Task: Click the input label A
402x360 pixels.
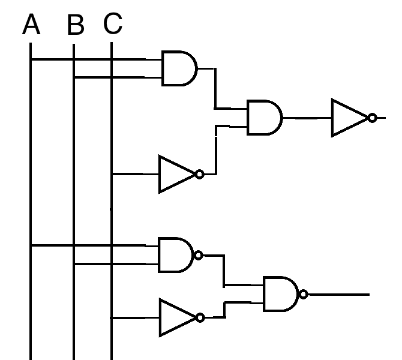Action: point(31,26)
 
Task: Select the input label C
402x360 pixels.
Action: point(113,24)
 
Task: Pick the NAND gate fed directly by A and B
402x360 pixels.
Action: point(175,254)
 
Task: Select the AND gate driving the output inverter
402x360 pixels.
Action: point(265,117)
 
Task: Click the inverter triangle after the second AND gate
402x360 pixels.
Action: point(350,118)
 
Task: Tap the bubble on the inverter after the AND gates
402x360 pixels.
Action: point(373,118)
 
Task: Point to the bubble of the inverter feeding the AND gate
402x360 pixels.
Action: point(200,174)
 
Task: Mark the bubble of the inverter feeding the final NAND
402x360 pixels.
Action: point(200,317)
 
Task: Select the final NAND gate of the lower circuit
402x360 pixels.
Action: point(281,294)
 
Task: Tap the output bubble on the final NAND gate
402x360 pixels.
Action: point(304,294)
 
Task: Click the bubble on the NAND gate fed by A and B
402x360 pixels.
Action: point(199,255)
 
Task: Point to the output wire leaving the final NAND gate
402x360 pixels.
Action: point(338,294)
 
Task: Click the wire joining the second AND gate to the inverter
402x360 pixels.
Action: point(307,118)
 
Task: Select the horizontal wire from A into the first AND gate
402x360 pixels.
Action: point(96,59)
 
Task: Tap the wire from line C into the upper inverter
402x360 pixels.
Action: point(135,174)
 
